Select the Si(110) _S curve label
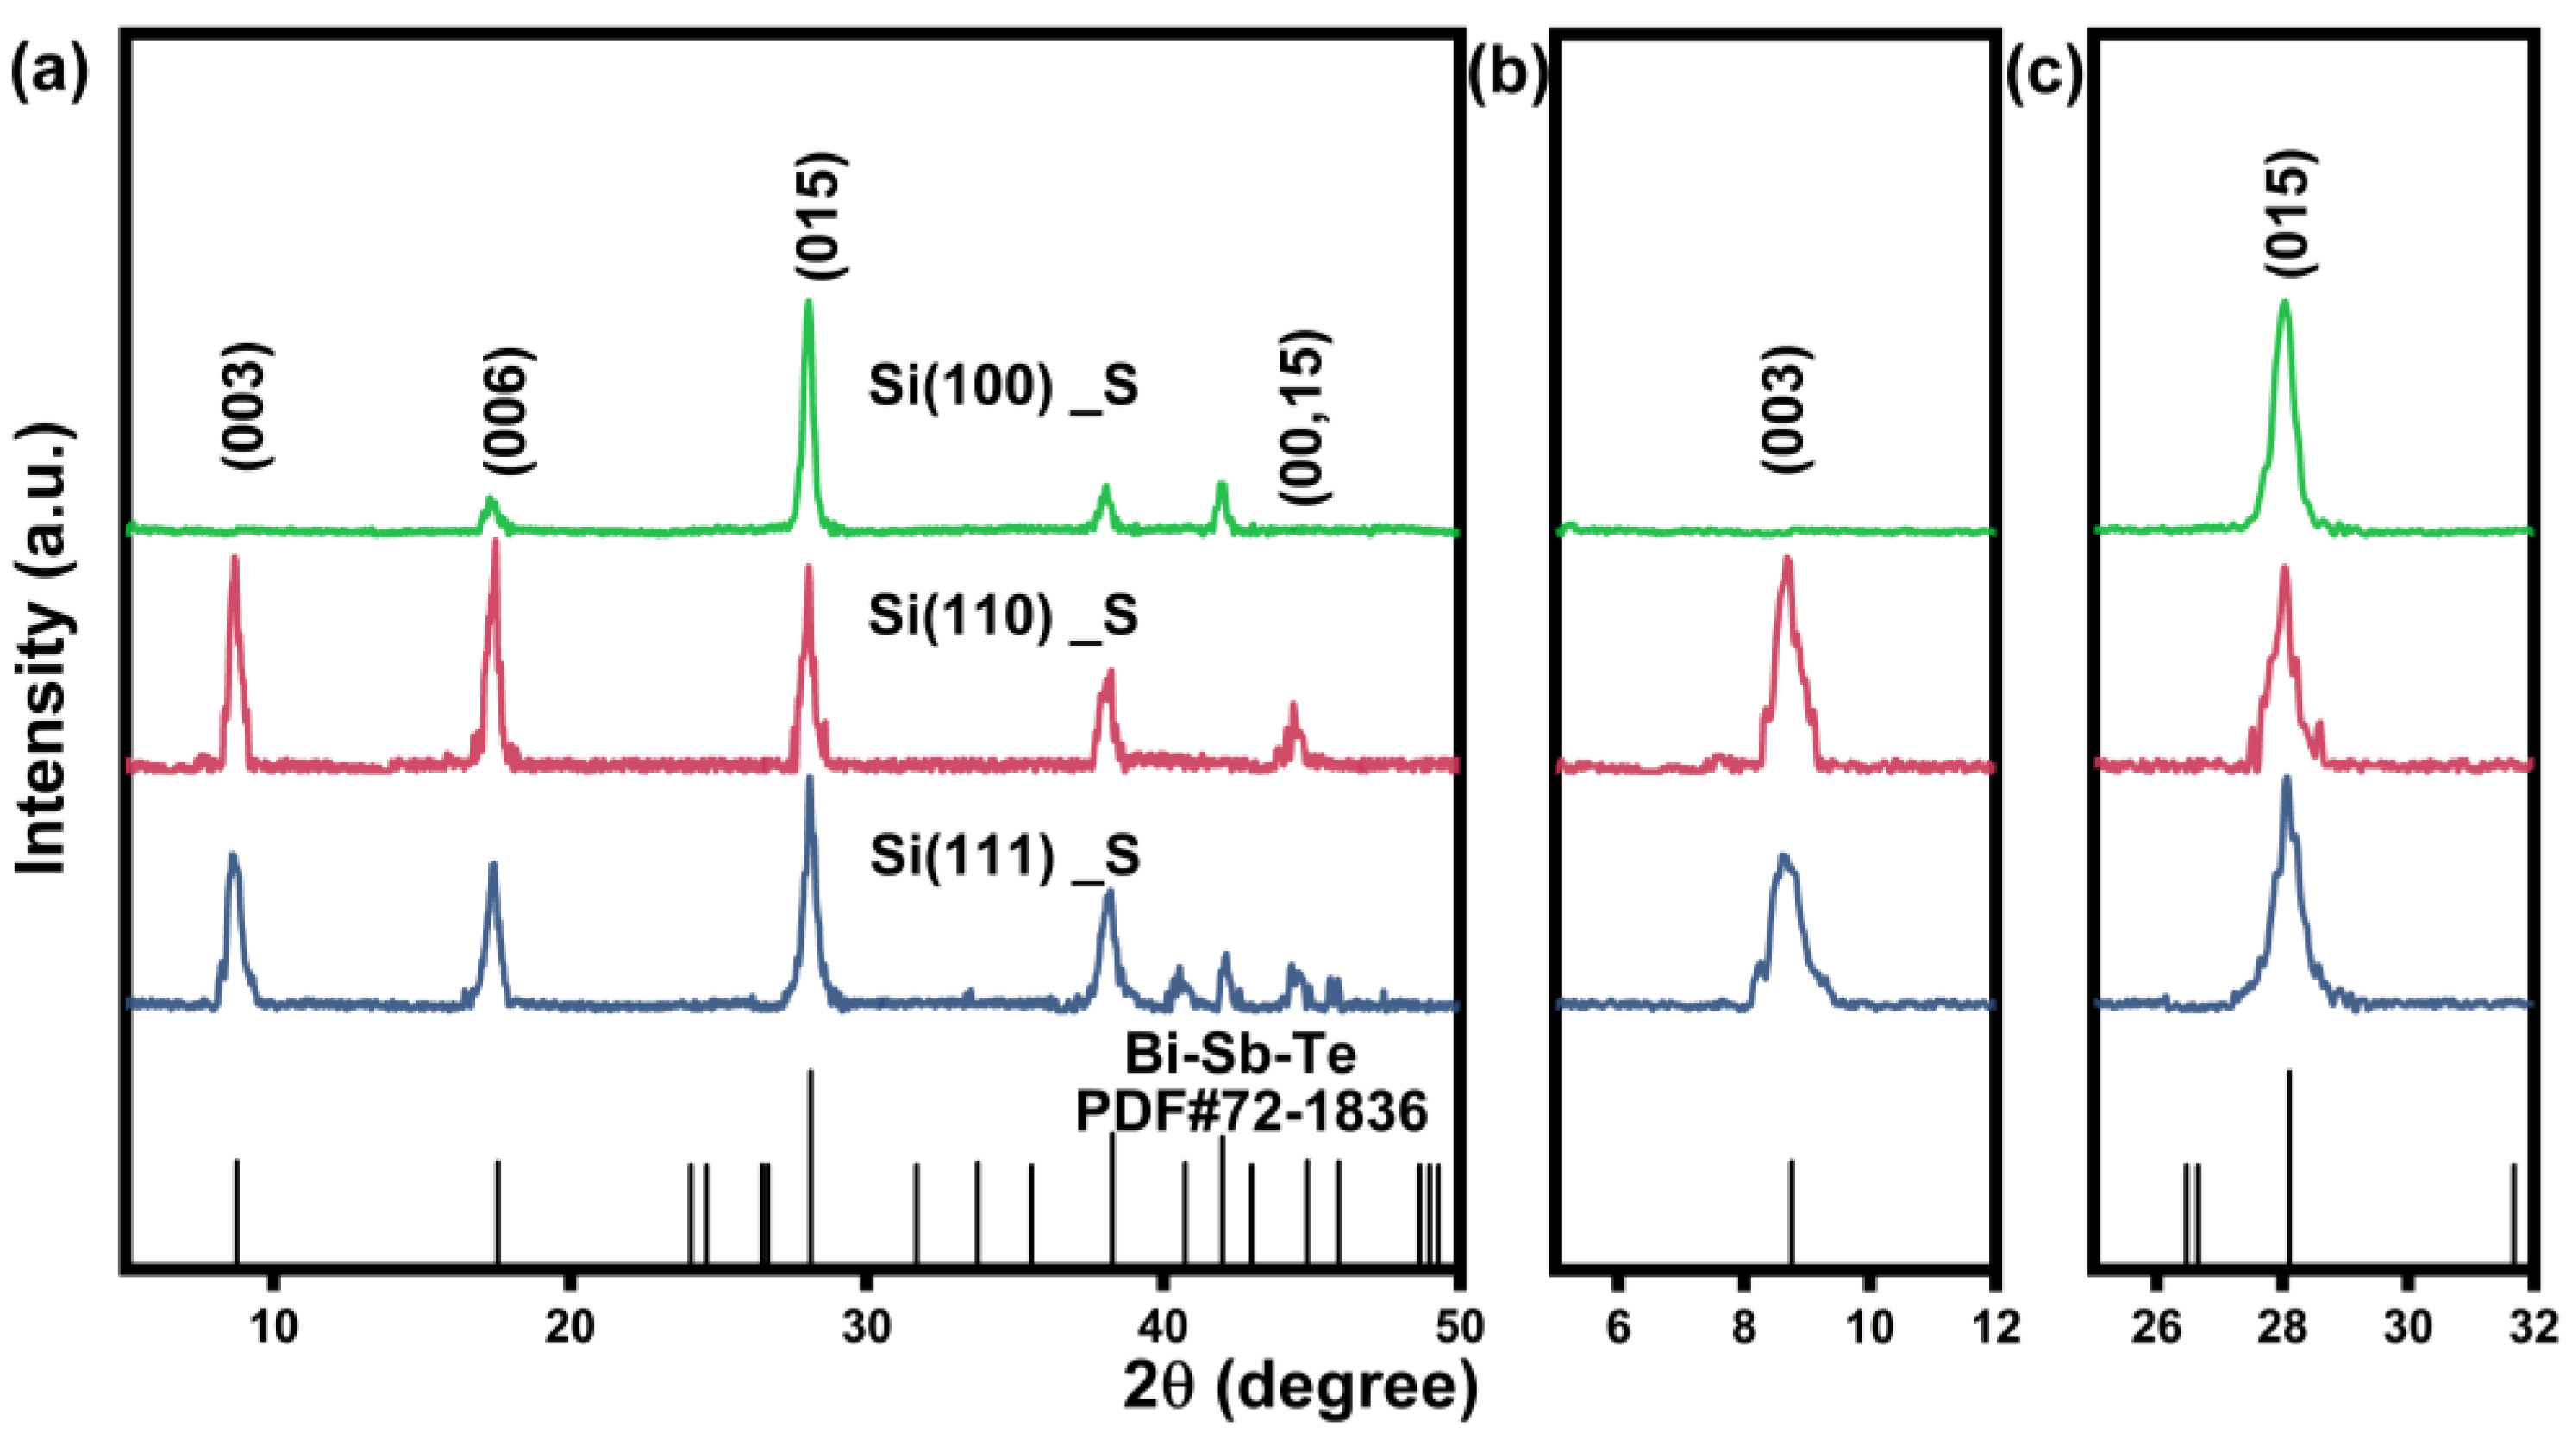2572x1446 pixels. point(1004,617)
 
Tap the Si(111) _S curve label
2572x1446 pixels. point(1004,856)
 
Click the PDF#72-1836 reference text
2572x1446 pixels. point(1251,1111)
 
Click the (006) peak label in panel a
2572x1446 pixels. point(508,410)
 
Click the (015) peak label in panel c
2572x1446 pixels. point(2286,213)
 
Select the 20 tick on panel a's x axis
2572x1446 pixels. point(569,1327)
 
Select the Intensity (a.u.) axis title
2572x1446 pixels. point(42,649)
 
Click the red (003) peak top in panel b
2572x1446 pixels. point(1787,560)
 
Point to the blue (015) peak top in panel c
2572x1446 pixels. point(2286,779)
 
